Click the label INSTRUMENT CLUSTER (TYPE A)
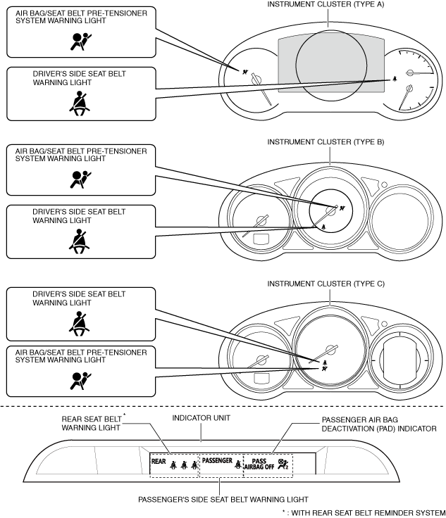click(329, 5)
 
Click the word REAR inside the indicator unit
click(158, 462)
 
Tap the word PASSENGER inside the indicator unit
click(217, 461)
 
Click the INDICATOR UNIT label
click(202, 418)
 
